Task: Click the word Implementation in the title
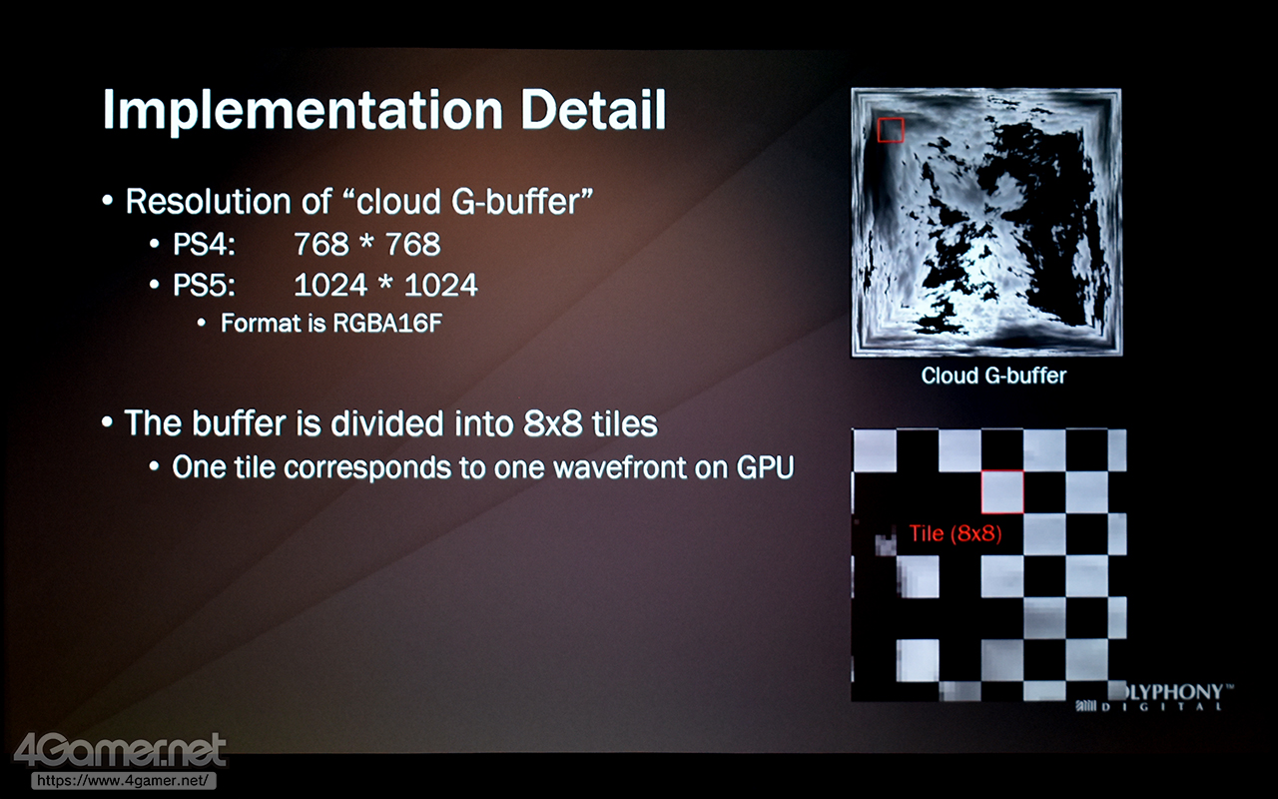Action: tap(303, 111)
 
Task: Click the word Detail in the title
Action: tap(593, 109)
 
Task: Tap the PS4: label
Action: tap(204, 245)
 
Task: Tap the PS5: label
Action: tap(204, 285)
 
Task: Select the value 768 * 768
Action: tap(367, 245)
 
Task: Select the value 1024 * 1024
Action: tap(385, 285)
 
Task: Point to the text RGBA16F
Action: tap(387, 323)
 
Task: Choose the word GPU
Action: tap(765, 467)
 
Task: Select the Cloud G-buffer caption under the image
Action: tap(993, 376)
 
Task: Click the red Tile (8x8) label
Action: tap(956, 533)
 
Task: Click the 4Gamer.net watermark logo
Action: tap(120, 750)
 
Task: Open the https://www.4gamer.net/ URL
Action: tap(123, 780)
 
